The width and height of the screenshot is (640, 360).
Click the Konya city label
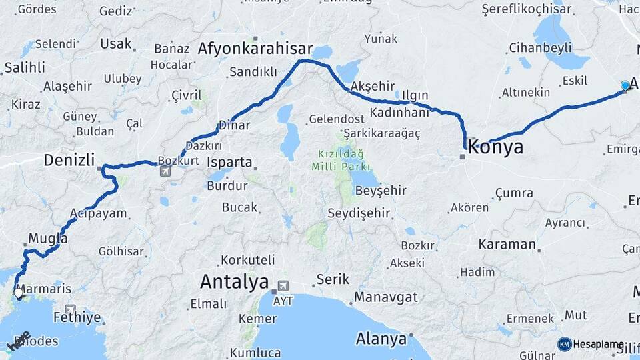pyautogui.click(x=495, y=147)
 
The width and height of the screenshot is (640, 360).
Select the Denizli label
pyautogui.click(x=67, y=160)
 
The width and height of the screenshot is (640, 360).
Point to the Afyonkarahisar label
pyautogui.click(x=255, y=49)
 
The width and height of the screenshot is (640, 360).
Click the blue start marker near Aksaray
pyautogui.click(x=625, y=85)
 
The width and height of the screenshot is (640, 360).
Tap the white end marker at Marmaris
pyautogui.click(x=18, y=293)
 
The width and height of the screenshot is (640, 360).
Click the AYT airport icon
pyautogui.click(x=283, y=286)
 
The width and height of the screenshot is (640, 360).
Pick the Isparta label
pyautogui.click(x=230, y=162)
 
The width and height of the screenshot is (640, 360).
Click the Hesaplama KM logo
pyautogui.click(x=565, y=344)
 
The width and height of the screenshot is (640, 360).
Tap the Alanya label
pyautogui.click(x=381, y=339)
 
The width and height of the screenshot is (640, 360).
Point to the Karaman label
pyautogui.click(x=507, y=244)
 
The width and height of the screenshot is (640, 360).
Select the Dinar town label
pyautogui.click(x=235, y=125)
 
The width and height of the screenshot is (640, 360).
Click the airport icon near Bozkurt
pyautogui.click(x=165, y=171)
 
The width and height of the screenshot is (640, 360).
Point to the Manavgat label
pyautogui.click(x=385, y=296)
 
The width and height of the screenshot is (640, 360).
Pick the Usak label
pyautogui.click(x=115, y=44)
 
